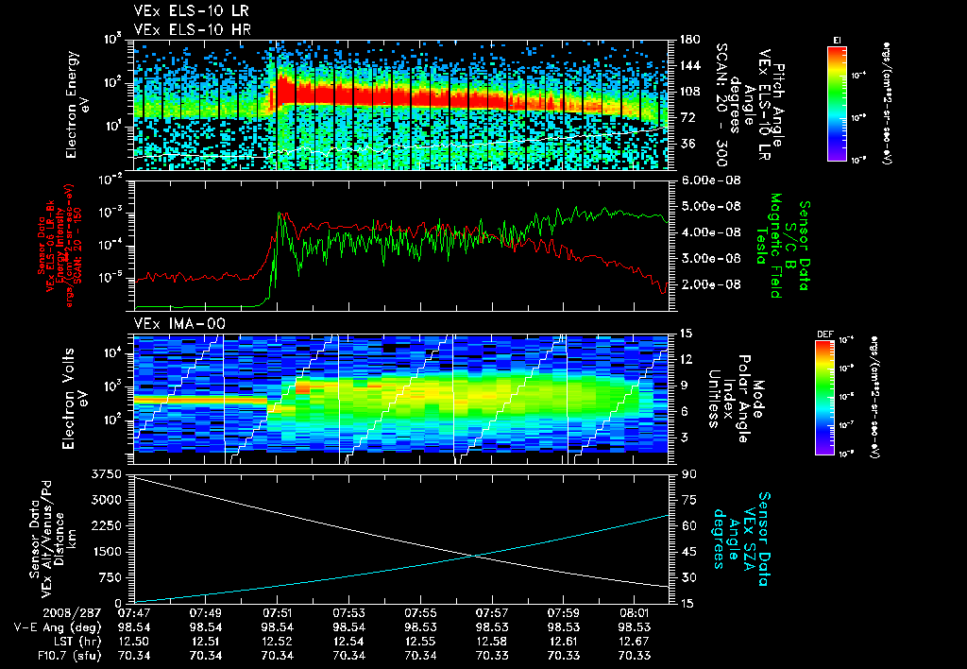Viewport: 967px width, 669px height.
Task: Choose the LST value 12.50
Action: point(134,641)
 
